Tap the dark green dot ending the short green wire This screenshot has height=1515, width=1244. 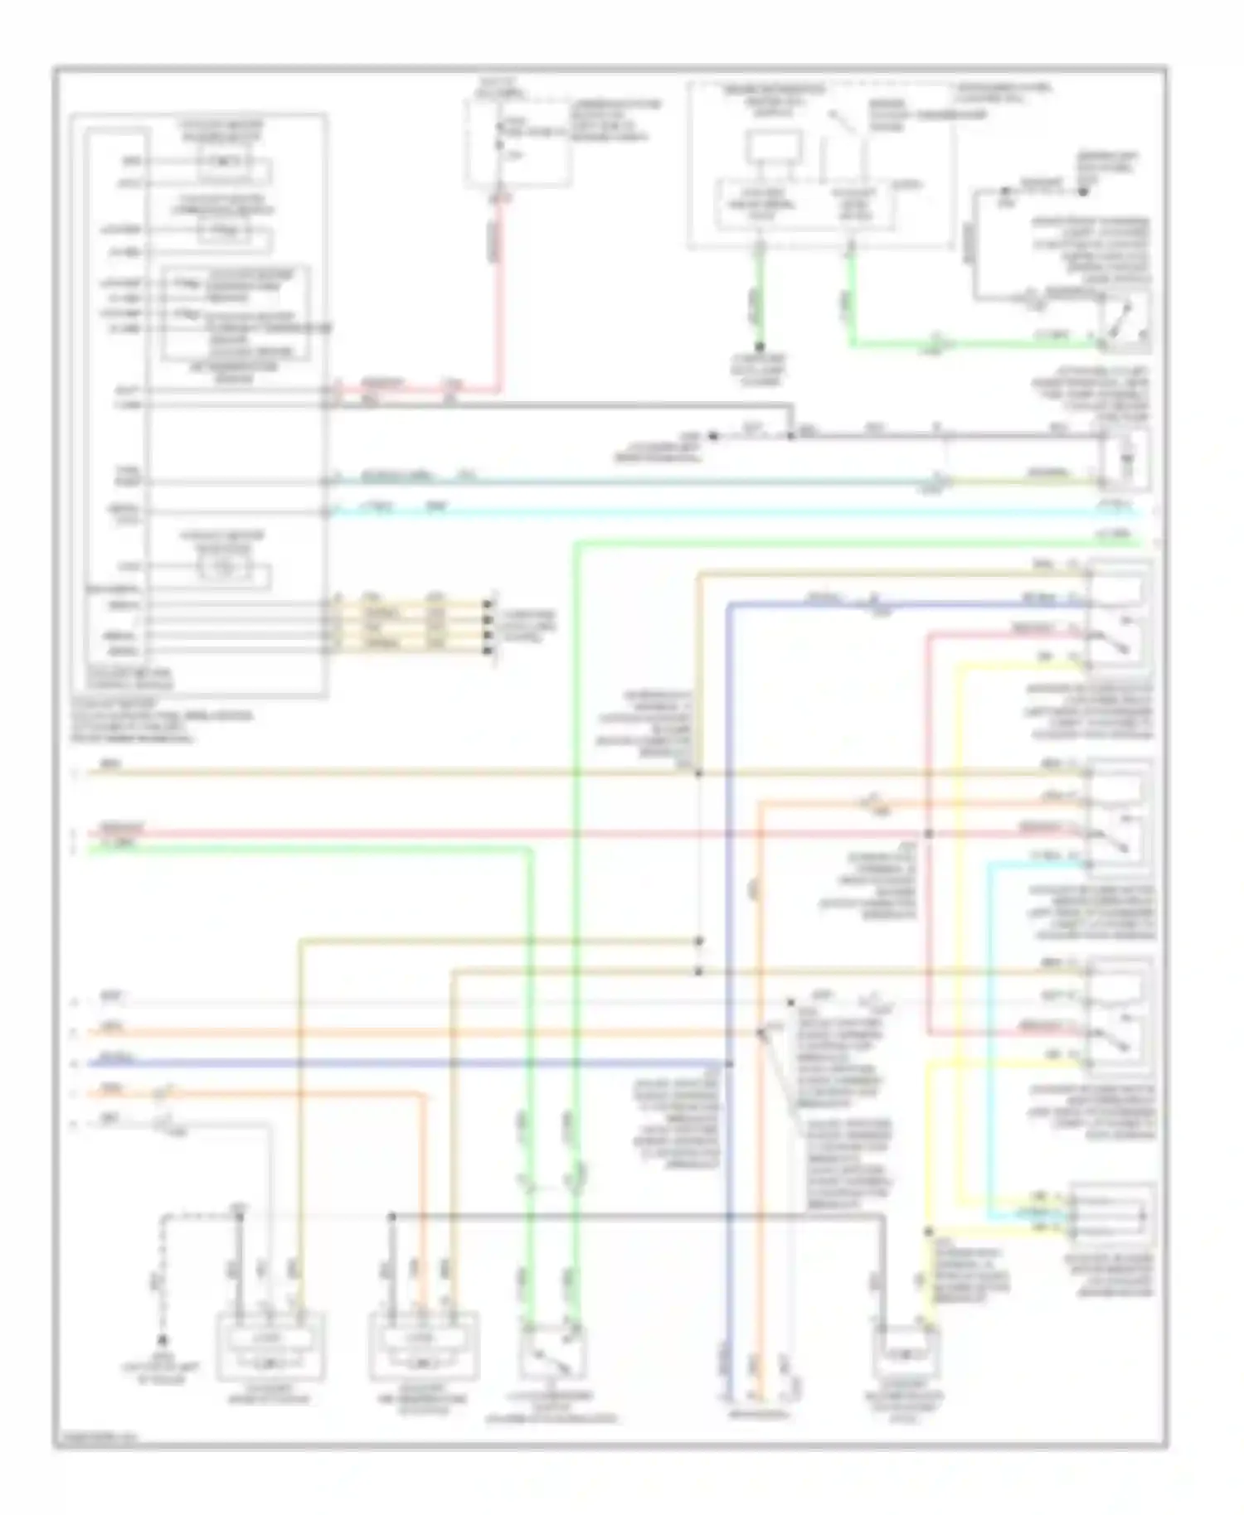[x=759, y=348]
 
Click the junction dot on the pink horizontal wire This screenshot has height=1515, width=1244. [x=928, y=834]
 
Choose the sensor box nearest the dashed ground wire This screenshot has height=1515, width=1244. [x=270, y=1347]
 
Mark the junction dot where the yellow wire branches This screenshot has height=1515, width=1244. [x=928, y=1232]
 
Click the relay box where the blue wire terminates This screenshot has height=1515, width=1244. [x=1120, y=613]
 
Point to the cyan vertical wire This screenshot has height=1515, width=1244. [x=989, y=1036]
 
